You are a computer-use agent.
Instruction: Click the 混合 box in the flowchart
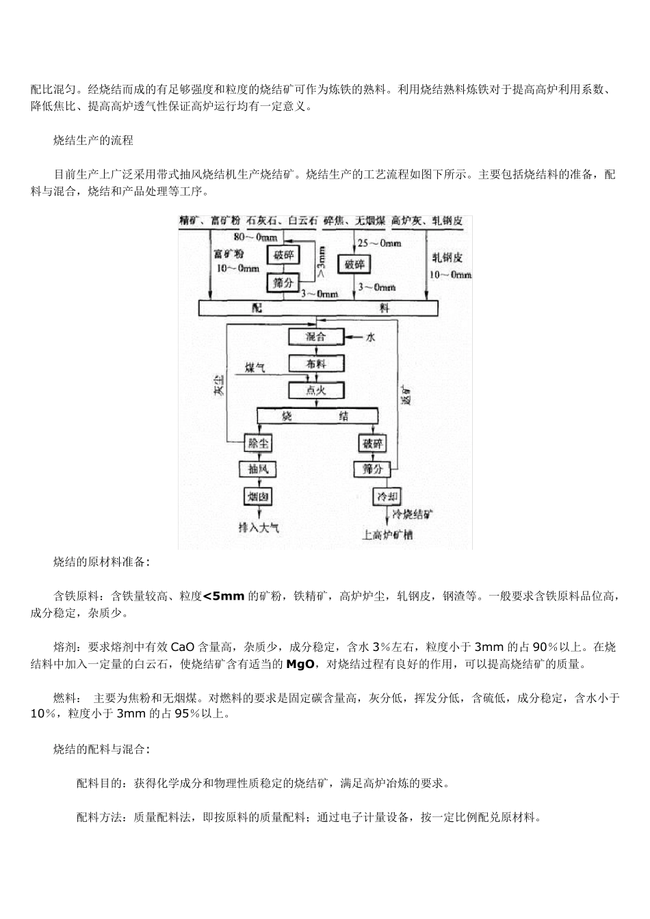315,336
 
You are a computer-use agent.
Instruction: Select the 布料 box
315,364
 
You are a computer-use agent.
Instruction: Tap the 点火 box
315,390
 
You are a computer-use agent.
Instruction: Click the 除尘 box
259,443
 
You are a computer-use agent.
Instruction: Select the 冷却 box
385,496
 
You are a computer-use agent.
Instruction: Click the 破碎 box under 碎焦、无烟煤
354,264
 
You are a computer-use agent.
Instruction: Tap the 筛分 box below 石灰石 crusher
283,281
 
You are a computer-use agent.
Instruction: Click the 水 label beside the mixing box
370,337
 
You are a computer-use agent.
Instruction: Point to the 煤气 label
255,368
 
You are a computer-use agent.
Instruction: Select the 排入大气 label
258,527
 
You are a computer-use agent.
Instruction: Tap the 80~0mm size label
255,237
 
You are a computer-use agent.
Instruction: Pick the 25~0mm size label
379,243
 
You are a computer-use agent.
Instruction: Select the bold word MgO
299,664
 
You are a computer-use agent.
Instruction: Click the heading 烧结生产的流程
93,140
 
